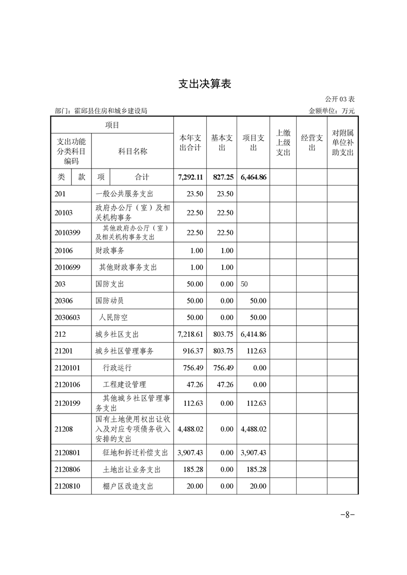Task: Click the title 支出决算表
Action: [204, 84]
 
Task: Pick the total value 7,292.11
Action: [190, 177]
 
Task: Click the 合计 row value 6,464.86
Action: [254, 177]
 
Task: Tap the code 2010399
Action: [68, 232]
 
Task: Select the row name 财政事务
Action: [110, 251]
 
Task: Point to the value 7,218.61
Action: [190, 334]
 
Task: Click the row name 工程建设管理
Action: [124, 384]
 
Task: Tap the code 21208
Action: [64, 429]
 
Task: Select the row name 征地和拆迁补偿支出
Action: [135, 453]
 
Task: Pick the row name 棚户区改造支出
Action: [128, 486]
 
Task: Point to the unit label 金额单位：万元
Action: [332, 111]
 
